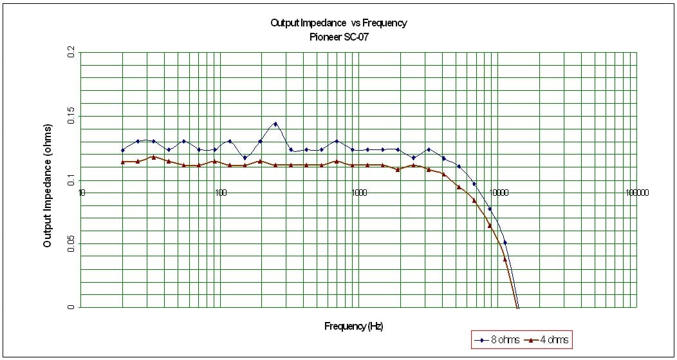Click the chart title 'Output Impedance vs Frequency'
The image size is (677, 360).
point(339,23)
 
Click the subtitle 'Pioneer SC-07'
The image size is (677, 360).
point(339,37)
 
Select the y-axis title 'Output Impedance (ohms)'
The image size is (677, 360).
point(48,185)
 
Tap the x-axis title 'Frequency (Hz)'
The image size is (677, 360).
point(353,327)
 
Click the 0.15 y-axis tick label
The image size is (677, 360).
point(71,117)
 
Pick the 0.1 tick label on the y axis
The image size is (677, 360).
point(71,180)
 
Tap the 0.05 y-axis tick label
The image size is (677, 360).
point(71,243)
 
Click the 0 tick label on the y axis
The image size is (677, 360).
point(71,307)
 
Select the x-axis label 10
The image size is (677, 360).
point(82,193)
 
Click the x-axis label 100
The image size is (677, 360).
point(221,193)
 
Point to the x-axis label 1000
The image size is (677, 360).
point(359,193)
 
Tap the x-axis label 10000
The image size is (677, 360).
point(498,193)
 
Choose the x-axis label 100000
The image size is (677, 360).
point(636,193)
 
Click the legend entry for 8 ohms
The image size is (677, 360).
point(494,339)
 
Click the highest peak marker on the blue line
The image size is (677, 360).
point(275,124)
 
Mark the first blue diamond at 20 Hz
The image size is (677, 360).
point(123,150)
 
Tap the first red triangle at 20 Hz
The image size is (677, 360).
point(123,162)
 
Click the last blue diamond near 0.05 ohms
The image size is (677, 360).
point(505,242)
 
